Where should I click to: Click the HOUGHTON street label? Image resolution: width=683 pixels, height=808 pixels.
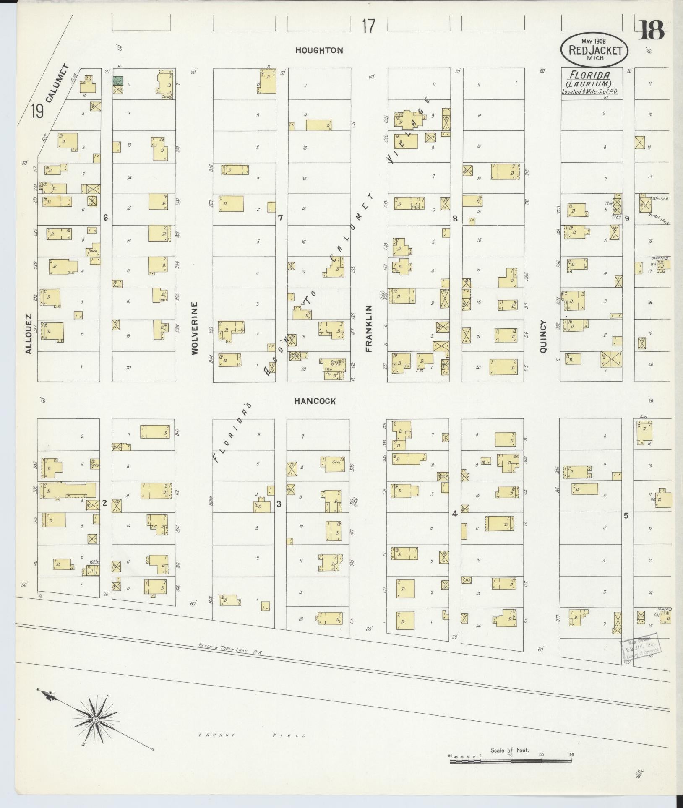click(319, 50)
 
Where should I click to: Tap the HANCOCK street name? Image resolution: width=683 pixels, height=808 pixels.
click(315, 401)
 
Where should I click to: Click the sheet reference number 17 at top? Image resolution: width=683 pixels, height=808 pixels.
click(368, 27)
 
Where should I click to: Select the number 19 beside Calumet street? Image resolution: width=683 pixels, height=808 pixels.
click(37, 112)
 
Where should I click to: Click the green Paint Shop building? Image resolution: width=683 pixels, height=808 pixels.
click(118, 81)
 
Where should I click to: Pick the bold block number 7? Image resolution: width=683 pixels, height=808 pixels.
click(280, 218)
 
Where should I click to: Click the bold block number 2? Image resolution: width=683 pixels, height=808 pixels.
click(105, 504)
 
